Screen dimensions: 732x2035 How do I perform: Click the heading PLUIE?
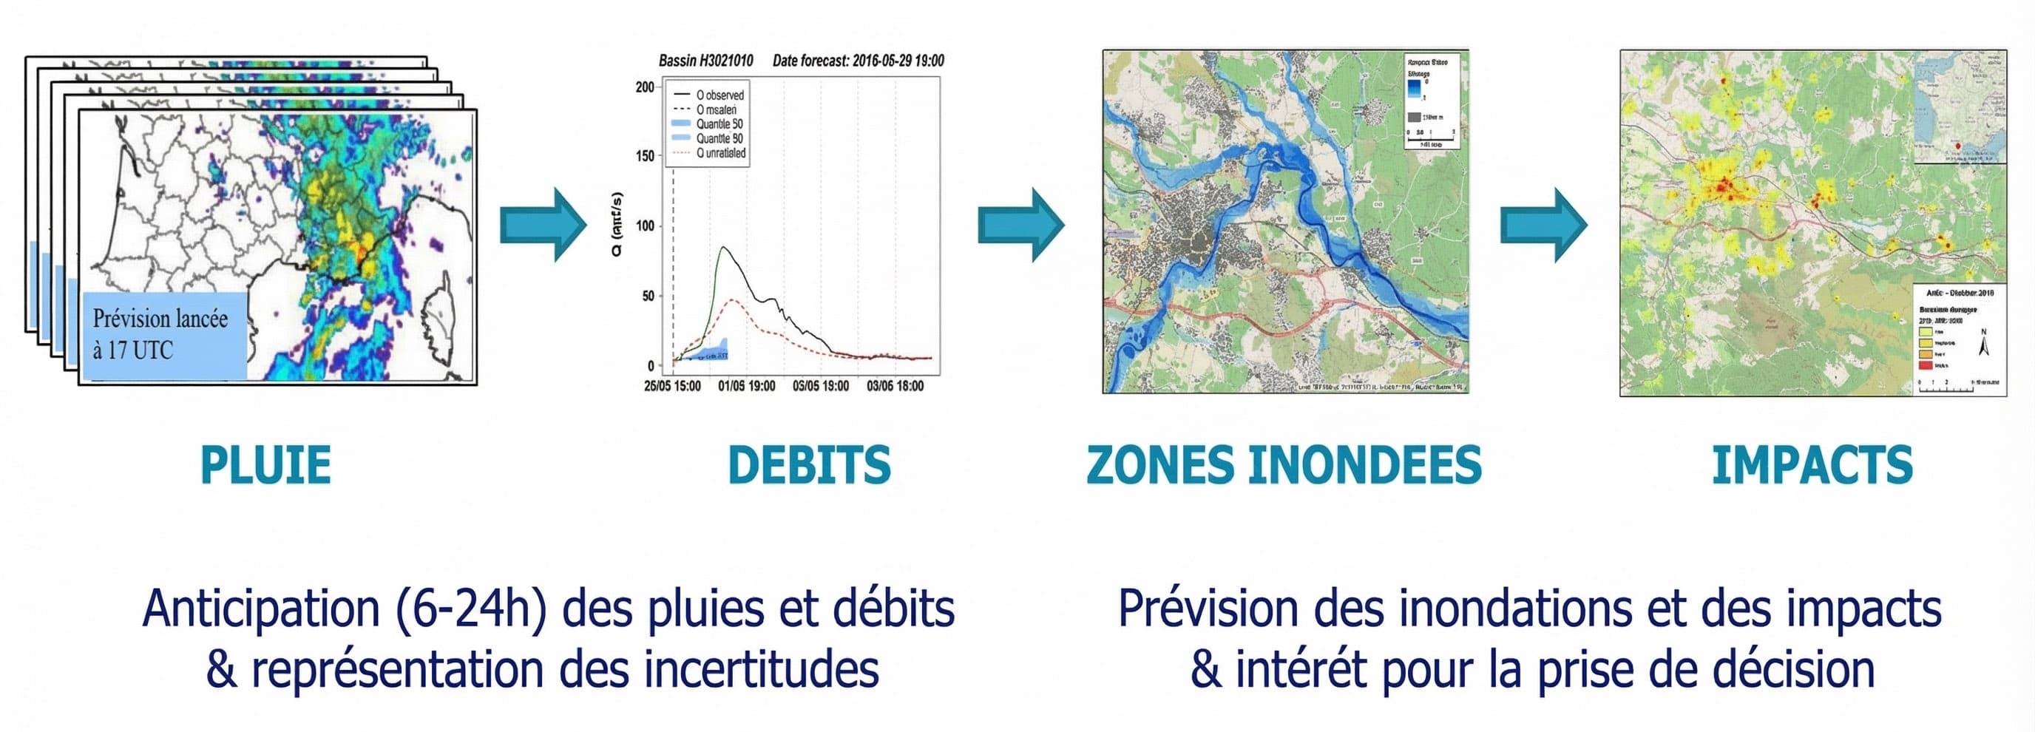pos(265,465)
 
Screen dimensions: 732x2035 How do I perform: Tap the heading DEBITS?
pos(809,465)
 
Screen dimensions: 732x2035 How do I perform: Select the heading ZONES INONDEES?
pos(1284,465)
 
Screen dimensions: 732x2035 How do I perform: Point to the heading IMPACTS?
pos(1812,465)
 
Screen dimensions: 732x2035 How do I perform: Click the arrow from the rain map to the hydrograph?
pos(544,225)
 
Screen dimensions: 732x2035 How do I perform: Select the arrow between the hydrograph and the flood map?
pos(1021,225)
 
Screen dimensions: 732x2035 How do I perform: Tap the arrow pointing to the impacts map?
pos(1544,225)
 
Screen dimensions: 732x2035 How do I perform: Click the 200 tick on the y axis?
pos(645,87)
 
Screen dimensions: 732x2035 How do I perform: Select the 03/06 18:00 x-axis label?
pos(894,386)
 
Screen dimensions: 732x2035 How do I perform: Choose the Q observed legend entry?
pos(719,95)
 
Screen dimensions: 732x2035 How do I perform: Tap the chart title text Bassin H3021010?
pos(705,61)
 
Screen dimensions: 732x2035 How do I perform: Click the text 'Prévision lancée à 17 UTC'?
pos(160,334)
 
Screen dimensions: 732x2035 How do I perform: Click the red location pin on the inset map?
pos(1957,146)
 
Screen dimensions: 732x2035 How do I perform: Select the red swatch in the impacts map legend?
pos(1926,365)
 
